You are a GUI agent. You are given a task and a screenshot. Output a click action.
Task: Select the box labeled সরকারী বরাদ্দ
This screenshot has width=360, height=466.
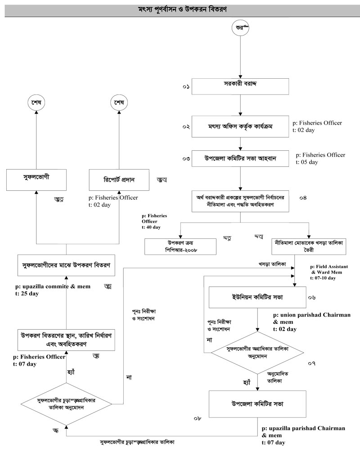(x=241, y=85)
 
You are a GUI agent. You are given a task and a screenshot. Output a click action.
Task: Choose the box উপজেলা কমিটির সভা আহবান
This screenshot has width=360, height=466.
(x=241, y=159)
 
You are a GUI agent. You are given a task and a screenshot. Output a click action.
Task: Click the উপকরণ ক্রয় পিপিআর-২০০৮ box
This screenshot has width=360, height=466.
(x=180, y=246)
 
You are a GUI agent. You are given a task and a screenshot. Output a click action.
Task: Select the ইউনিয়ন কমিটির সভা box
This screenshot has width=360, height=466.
(x=257, y=299)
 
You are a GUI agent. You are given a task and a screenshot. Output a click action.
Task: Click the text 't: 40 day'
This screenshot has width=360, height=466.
(x=150, y=228)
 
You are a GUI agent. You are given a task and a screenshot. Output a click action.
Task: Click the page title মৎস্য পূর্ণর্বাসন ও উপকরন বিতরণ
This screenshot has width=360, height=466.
(x=180, y=9)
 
